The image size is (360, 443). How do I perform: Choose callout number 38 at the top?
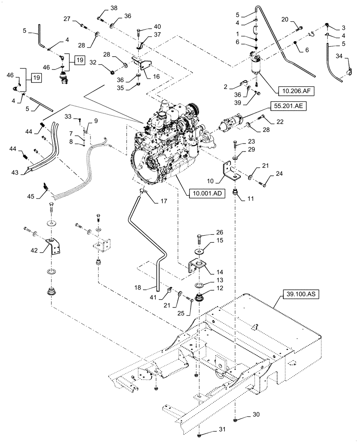pos(102,8)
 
